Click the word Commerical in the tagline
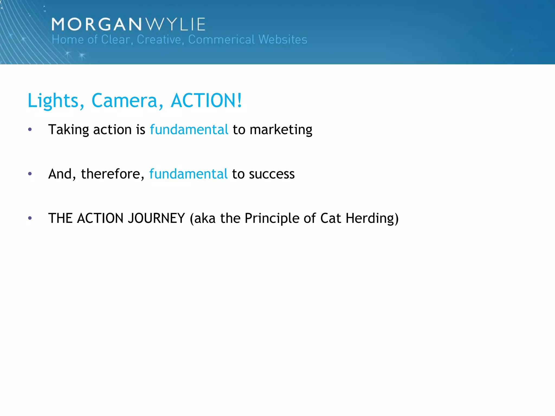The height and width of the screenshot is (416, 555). (221, 40)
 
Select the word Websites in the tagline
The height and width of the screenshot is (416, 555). (283, 40)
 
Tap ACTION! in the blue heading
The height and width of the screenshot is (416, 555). (206, 100)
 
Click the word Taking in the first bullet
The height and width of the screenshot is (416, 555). (69, 130)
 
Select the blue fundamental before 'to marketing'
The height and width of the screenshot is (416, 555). (189, 129)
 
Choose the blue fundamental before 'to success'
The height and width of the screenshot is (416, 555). (188, 174)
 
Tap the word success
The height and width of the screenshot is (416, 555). (272, 174)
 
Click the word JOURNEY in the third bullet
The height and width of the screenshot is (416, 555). (156, 218)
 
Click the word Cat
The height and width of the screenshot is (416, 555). (331, 218)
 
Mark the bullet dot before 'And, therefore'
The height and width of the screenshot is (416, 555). (30, 174)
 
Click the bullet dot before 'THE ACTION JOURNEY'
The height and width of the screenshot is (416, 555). (30, 218)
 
